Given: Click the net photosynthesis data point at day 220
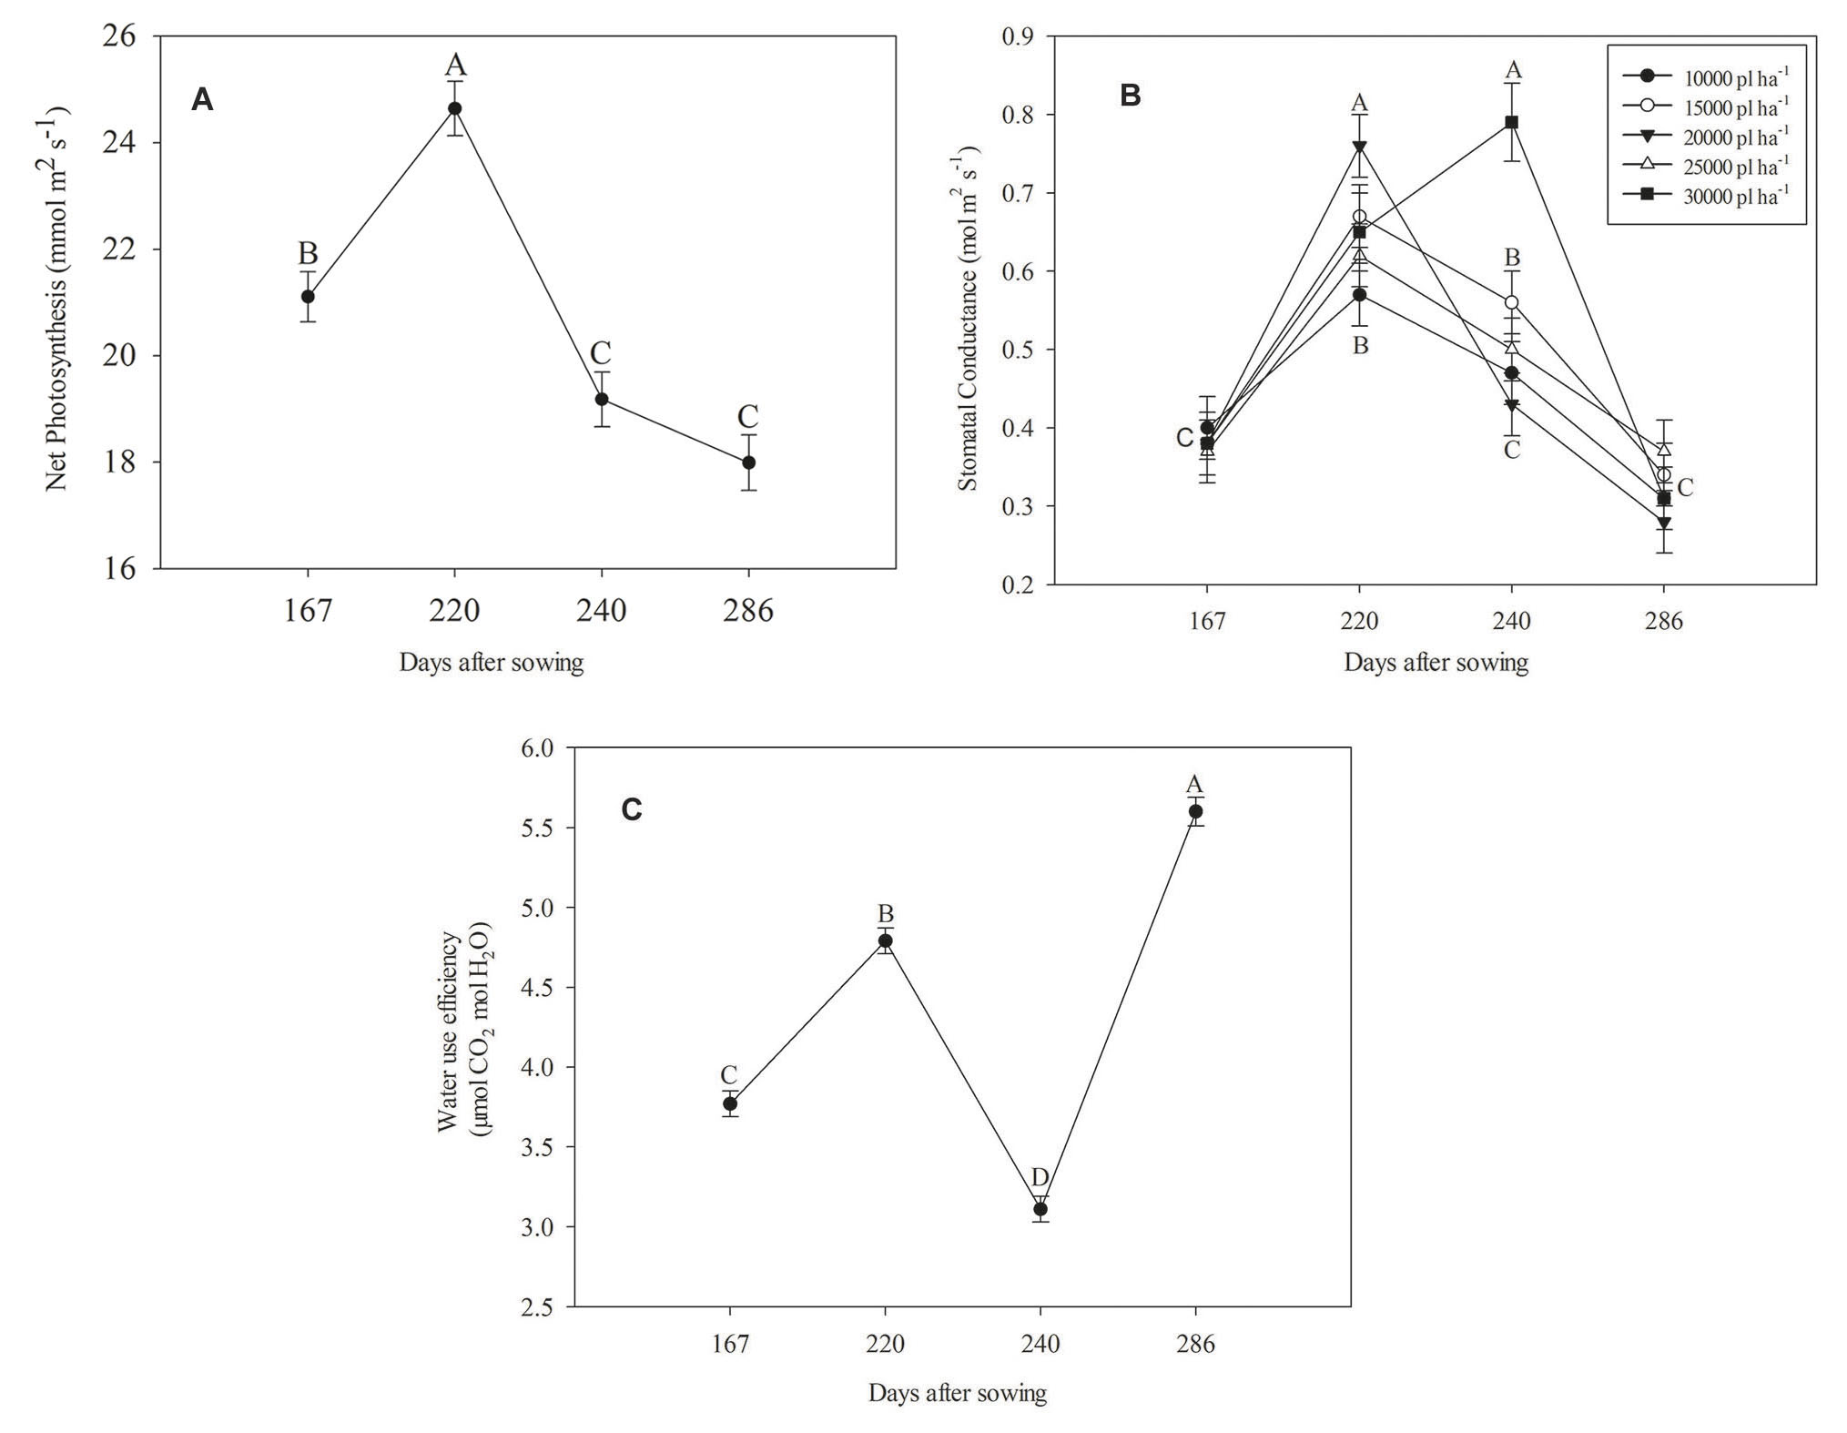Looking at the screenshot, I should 454,108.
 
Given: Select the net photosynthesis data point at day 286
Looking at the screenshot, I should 748,462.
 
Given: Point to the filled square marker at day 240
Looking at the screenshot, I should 1511,122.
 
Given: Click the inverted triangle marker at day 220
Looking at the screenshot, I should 1359,147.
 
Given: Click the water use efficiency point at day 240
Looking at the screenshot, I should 1040,1209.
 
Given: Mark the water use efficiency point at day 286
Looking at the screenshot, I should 1195,811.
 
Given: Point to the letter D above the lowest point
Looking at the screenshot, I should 1040,1178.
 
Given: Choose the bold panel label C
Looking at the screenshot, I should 631,809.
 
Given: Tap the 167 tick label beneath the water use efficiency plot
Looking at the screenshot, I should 730,1345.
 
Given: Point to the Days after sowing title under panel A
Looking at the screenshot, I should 491,663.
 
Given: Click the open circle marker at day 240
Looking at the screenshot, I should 1511,302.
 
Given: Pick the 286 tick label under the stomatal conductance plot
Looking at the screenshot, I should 1664,622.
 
